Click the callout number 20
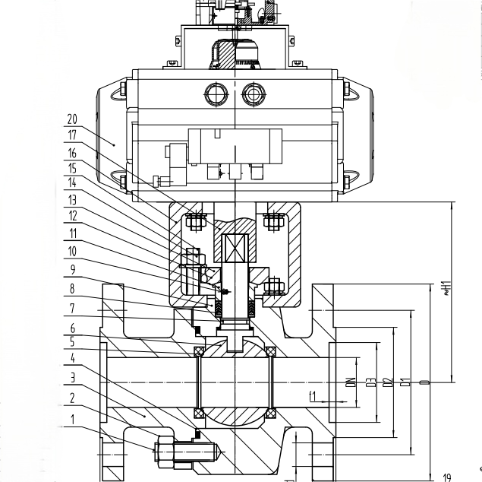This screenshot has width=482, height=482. (x=73, y=119)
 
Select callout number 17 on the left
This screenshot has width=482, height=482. (x=73, y=136)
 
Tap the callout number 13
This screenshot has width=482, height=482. (x=73, y=201)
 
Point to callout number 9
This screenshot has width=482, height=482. (x=73, y=268)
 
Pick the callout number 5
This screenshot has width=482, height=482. (x=73, y=343)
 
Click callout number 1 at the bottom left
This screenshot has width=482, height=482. (x=73, y=418)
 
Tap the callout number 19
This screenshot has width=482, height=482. (x=447, y=477)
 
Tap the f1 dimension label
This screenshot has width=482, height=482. (x=312, y=395)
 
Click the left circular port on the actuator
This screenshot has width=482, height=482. (x=215, y=95)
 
